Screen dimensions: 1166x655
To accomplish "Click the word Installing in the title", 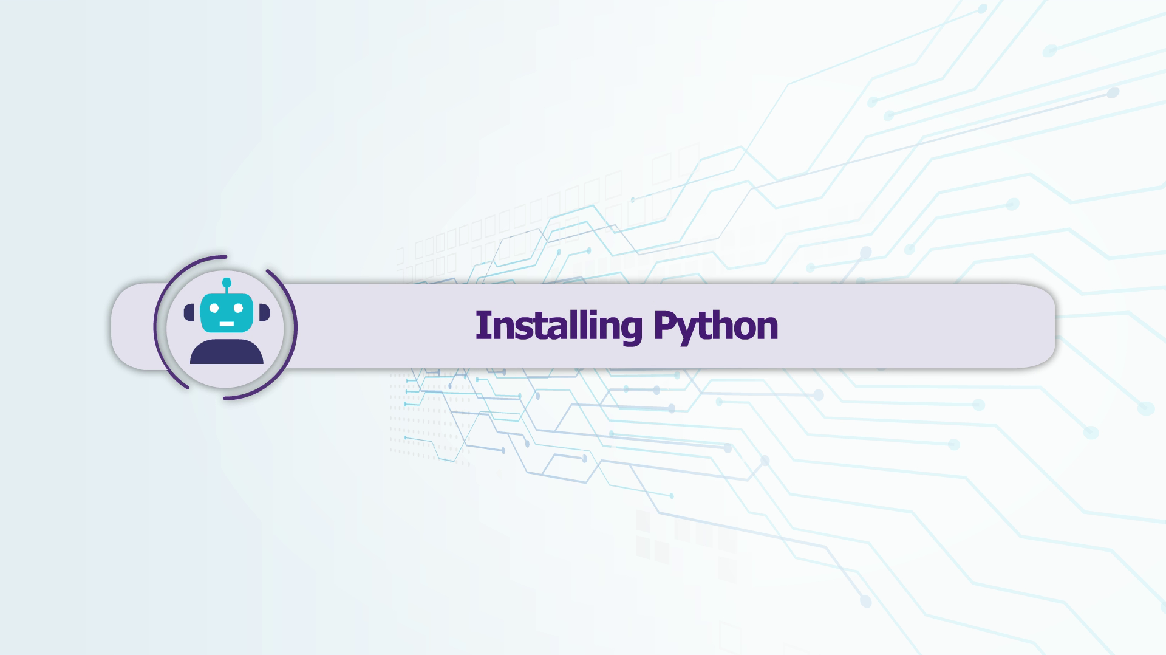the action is coord(559,327).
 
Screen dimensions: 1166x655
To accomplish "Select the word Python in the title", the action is coord(716,327).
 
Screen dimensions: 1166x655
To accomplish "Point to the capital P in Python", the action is coord(664,325).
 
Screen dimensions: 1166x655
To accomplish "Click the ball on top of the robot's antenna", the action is coord(227,282).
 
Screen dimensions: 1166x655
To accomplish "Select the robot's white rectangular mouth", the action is coord(227,323).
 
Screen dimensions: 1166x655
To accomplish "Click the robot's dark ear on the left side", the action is coord(189,312).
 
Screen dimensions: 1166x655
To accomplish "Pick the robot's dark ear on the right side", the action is coord(264,312).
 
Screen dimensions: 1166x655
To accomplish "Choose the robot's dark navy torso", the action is coord(227,352).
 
